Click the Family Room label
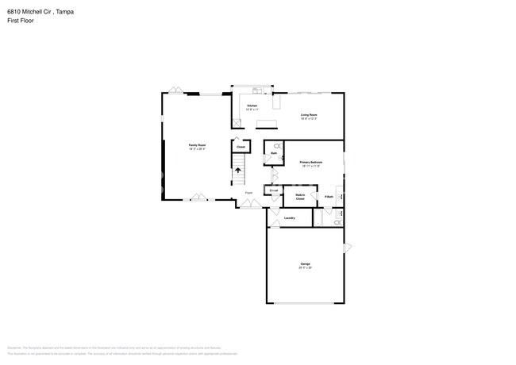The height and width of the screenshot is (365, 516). [197, 146]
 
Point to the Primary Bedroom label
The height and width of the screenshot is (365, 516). [310, 163]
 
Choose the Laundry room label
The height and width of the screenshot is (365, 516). [290, 217]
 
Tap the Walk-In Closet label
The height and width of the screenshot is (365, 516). [301, 196]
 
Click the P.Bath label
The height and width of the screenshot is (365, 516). [329, 196]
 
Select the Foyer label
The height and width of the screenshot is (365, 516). [248, 193]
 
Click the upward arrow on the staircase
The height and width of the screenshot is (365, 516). [237, 171]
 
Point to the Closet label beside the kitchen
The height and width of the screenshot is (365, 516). [240, 147]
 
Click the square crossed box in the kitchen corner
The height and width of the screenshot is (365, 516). [237, 123]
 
